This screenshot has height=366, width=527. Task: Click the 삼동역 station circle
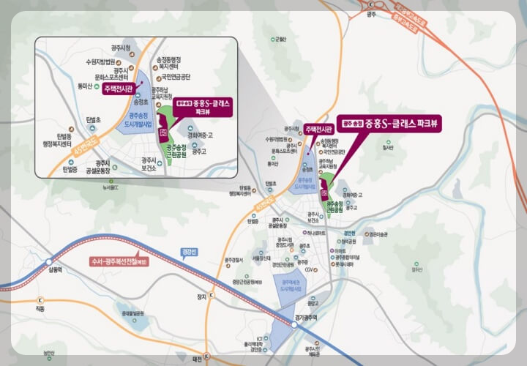[x=49, y=261]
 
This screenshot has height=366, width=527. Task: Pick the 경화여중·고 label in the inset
[x=200, y=135]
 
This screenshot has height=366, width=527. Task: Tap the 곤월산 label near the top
[x=280, y=40]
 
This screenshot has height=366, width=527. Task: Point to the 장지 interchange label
[x=201, y=296]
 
